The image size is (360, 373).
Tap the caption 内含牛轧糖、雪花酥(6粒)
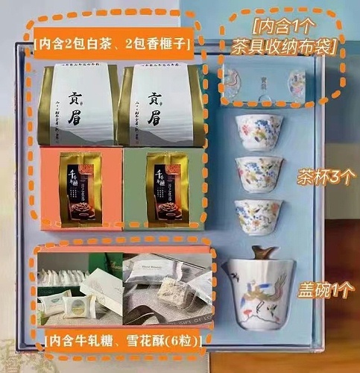pos(127,341)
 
